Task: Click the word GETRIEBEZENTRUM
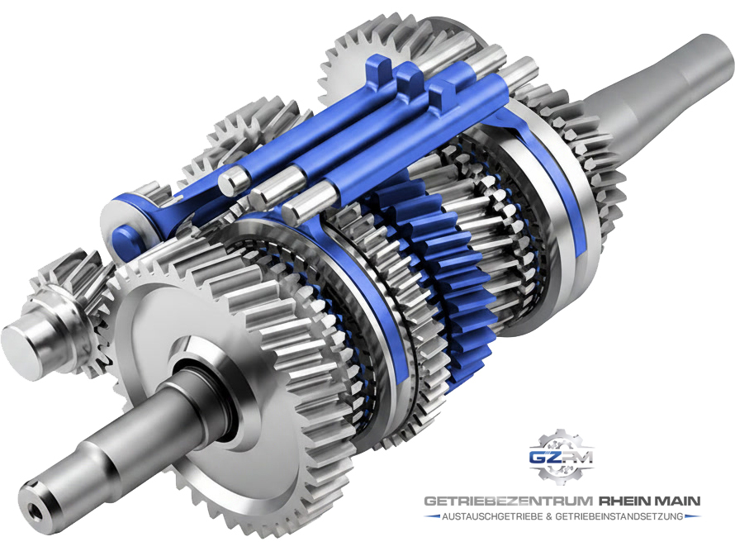509,501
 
